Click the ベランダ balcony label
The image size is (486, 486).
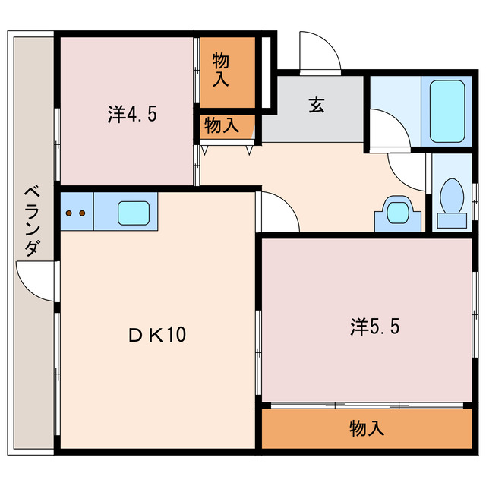coord(31,220)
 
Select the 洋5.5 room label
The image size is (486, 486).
coord(375,327)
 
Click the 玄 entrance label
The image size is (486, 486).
coord(316,106)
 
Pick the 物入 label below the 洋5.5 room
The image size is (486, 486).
coord(367,428)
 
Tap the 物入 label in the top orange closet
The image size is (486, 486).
coord(221,69)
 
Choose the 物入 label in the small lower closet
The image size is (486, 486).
coord(222,125)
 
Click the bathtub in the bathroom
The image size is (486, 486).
coord(447,111)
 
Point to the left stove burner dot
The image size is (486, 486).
coord(70,213)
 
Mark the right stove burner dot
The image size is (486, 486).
coord(80,213)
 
